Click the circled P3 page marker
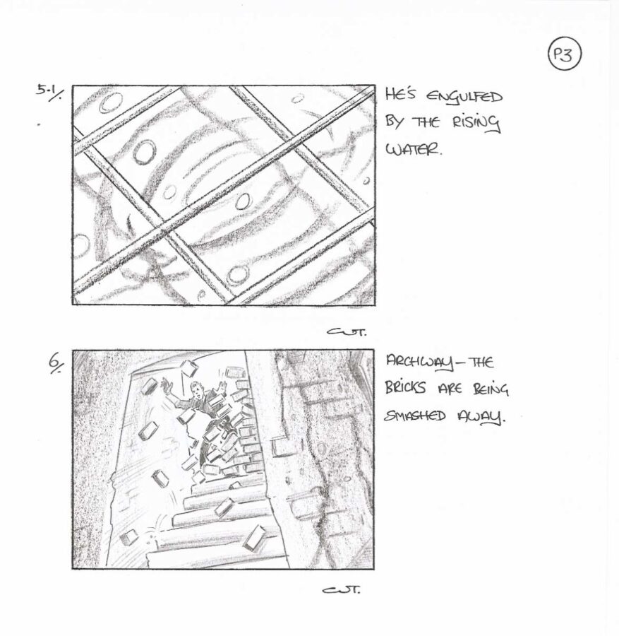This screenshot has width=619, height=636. click(565, 54)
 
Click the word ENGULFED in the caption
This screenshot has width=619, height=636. click(464, 98)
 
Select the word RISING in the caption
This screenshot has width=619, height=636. click(476, 123)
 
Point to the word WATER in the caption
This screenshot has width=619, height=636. click(413, 150)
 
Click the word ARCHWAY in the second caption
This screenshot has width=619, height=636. click(420, 363)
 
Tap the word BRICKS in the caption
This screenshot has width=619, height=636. click(405, 389)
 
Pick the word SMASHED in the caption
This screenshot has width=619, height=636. click(415, 416)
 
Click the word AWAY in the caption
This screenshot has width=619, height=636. click(482, 416)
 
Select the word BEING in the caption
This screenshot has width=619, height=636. click(491, 389)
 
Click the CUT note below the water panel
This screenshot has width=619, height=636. click(347, 332)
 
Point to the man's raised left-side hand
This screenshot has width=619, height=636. click(166, 384)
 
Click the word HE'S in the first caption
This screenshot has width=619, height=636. click(399, 95)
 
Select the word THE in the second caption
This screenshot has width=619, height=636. click(480, 361)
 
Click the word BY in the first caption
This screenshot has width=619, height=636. click(393, 122)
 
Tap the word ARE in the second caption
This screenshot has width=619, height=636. click(450, 389)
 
